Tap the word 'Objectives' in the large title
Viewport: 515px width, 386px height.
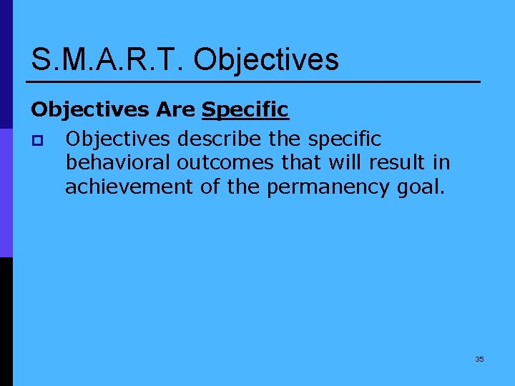pyautogui.click(x=266, y=59)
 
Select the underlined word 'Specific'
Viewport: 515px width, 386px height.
pyautogui.click(x=245, y=110)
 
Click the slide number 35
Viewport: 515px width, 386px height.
pyautogui.click(x=479, y=359)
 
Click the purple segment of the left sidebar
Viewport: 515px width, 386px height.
pyautogui.click(x=6, y=193)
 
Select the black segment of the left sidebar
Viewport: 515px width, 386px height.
pyautogui.click(x=6, y=322)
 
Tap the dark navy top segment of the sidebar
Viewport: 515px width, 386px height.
pyautogui.click(x=6, y=64)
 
